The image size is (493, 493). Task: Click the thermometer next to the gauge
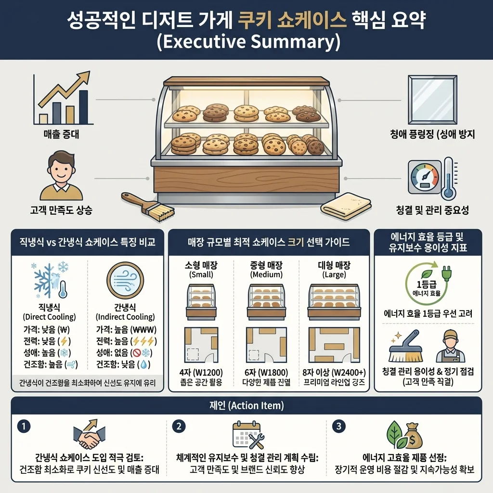tap(449, 178)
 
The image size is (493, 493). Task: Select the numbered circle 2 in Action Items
tap(179, 426)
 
